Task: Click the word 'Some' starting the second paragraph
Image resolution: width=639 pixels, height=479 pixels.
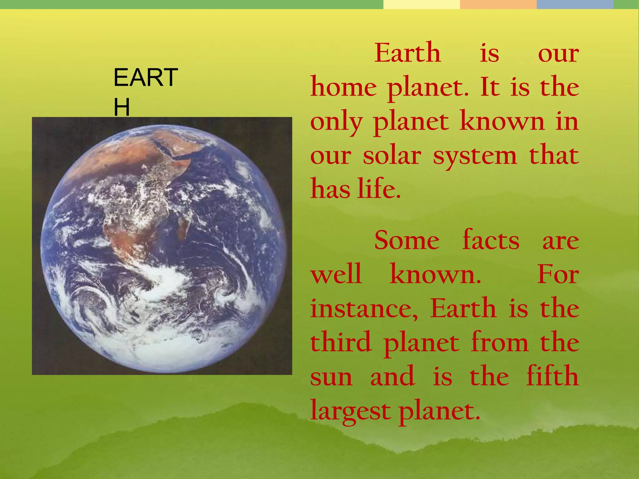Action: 407,240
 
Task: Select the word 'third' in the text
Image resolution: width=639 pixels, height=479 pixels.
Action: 341,342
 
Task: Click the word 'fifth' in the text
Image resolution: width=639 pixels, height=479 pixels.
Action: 552,376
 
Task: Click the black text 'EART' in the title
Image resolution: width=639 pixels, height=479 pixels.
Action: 146,78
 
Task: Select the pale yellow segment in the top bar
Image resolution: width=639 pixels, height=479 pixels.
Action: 421,4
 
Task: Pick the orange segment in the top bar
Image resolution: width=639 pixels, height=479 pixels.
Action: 498,4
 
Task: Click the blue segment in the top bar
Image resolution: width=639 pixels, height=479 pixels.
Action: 575,4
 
